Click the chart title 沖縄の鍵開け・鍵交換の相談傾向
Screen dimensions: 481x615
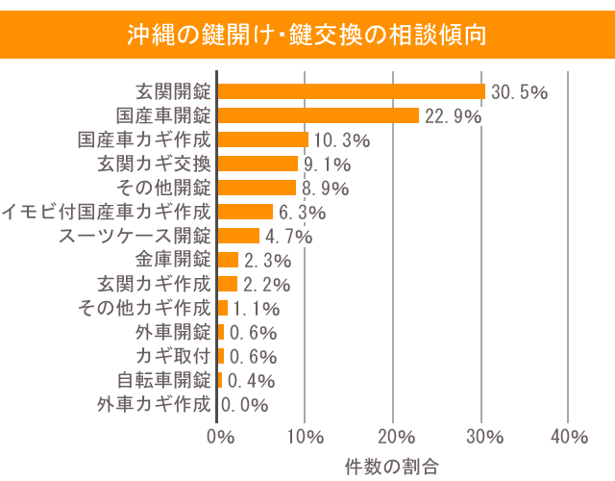coord(307,35)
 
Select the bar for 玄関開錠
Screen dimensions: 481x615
coord(352,91)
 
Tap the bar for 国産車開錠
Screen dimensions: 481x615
coord(318,115)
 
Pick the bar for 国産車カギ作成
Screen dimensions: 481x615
coord(263,139)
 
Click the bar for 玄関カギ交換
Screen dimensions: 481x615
coord(258,164)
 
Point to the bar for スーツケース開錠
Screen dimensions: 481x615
coord(239,236)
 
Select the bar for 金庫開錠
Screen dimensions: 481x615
coord(229,260)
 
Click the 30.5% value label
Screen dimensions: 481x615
coord(519,92)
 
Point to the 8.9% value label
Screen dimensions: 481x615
coord(325,189)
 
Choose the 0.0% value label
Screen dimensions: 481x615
coord(245,405)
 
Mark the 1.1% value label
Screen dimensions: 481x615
coord(256,309)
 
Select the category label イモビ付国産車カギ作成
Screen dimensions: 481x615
coord(106,212)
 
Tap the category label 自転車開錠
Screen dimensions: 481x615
coord(163,380)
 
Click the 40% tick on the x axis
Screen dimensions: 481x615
coord(569,437)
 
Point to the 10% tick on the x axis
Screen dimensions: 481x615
coord(305,437)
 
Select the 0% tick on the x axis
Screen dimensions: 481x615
coord(220,437)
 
